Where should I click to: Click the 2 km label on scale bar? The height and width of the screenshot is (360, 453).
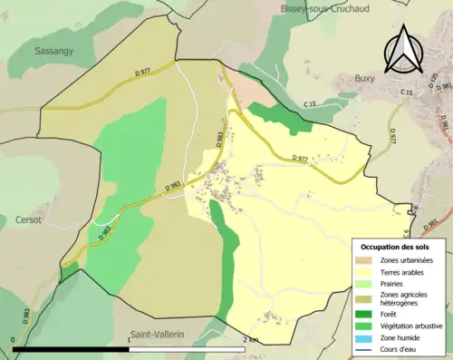[x=251, y=340]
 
